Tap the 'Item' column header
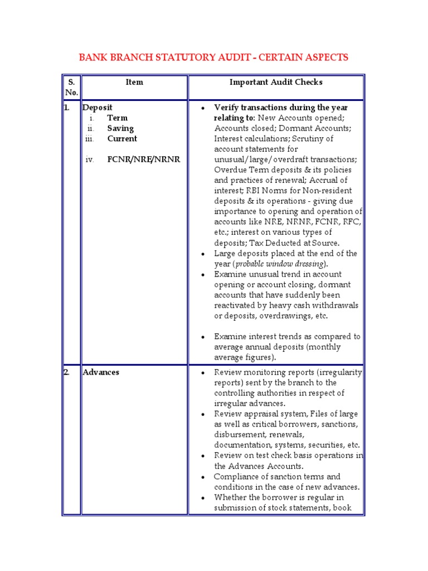pyautogui.click(x=134, y=82)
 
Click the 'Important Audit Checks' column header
pyautogui.click(x=276, y=82)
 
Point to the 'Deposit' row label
pyautogui.click(x=98, y=107)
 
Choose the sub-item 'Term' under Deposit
pyautogui.click(x=117, y=118)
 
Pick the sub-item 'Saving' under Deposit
pyautogui.click(x=120, y=128)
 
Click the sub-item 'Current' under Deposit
pyautogui.click(x=122, y=138)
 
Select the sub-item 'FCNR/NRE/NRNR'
pyautogui.click(x=144, y=159)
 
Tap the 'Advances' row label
pyautogui.click(x=101, y=372)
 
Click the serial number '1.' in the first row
pyautogui.click(x=67, y=107)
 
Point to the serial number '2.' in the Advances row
pyautogui.click(x=67, y=372)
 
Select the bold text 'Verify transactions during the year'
pyautogui.click(x=281, y=107)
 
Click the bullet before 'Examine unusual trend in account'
pyautogui.click(x=204, y=274)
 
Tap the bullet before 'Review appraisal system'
pyautogui.click(x=204, y=414)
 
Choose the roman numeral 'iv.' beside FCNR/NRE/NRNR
pyautogui.click(x=90, y=159)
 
